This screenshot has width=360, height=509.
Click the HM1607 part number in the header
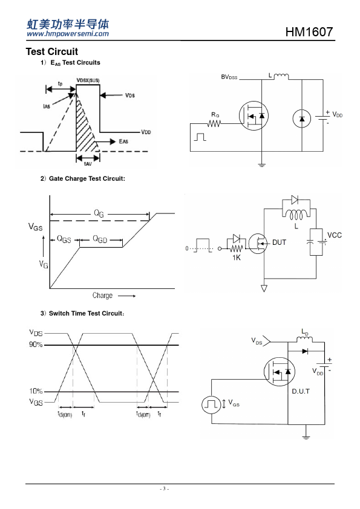coord(309,32)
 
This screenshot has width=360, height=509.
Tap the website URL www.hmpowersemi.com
coord(68,34)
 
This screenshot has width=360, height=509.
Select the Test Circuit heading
coord(52,51)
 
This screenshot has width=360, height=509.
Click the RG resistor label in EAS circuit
coord(215,115)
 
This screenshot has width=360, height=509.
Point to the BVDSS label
coord(229,77)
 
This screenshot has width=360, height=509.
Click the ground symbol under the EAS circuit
coord(261,165)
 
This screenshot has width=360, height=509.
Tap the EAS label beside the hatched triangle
coord(123,141)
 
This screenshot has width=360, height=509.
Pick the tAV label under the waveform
coord(88,164)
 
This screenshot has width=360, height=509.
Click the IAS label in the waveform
coord(47,106)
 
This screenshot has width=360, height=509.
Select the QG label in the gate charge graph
coord(99,213)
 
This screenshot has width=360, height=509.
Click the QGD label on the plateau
coord(100,239)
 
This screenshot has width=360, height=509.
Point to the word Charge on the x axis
coord(102,296)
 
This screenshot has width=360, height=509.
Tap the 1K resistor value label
coord(237,258)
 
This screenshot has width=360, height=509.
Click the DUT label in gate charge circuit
coord(279,242)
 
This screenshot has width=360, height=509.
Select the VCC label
coord(335,235)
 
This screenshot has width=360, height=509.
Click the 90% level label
coord(36,345)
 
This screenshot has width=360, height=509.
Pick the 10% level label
coord(36,391)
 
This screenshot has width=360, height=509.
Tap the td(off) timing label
coord(143,414)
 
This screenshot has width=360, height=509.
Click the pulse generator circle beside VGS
coord(211,404)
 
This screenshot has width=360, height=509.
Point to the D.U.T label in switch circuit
coord(301,391)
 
